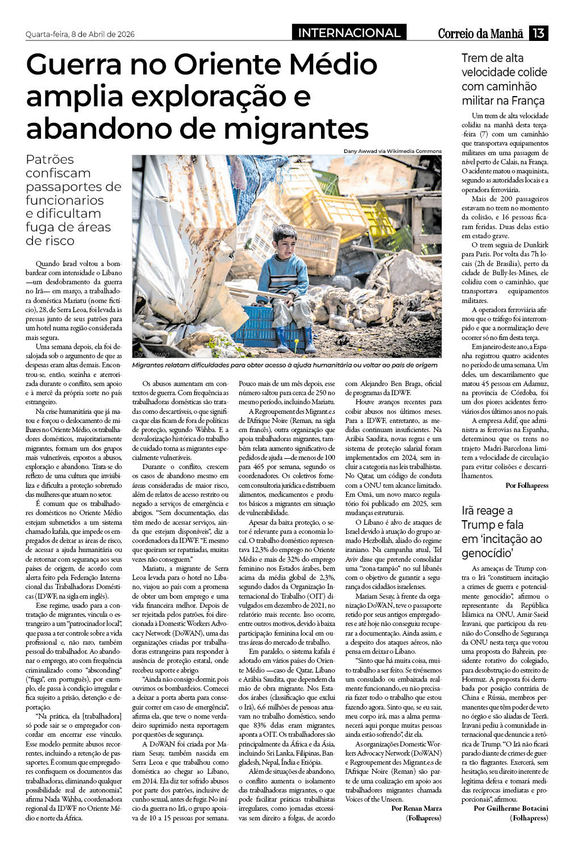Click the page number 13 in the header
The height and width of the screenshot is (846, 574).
click(538, 33)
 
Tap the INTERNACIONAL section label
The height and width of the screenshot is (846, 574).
click(349, 33)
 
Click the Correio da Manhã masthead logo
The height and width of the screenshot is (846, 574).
click(480, 34)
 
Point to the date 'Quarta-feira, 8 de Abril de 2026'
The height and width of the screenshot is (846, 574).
click(80, 34)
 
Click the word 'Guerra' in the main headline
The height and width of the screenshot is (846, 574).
click(90, 65)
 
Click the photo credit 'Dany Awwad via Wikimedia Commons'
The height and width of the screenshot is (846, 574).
click(392, 151)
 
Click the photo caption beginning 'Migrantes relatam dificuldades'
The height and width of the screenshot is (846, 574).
click(285, 365)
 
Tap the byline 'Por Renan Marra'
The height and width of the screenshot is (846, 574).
click(417, 808)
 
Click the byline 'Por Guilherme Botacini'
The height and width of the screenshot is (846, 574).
click(511, 808)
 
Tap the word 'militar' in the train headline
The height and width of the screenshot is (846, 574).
click(478, 101)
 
